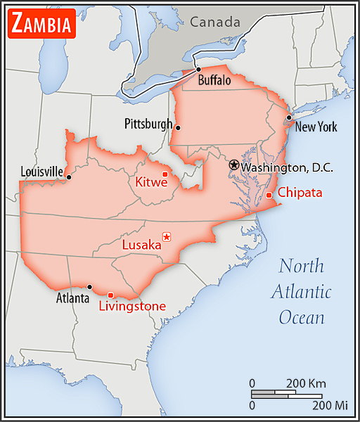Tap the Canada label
[x=214, y=23]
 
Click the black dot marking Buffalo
[x=199, y=69]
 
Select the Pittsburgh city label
[x=148, y=124]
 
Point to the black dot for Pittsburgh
[x=179, y=127]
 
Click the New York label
[x=316, y=127]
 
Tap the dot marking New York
[x=289, y=117]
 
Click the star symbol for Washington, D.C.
[x=234, y=165]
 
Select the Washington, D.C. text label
[x=286, y=167]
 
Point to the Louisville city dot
[x=68, y=177]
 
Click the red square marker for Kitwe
[x=165, y=174]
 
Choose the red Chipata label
[x=300, y=193]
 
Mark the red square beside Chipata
[x=269, y=195]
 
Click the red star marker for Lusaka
[x=166, y=237]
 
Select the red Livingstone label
[x=132, y=306]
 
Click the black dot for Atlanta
[x=89, y=286]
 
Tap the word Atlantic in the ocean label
[x=302, y=292]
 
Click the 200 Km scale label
[x=306, y=383]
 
